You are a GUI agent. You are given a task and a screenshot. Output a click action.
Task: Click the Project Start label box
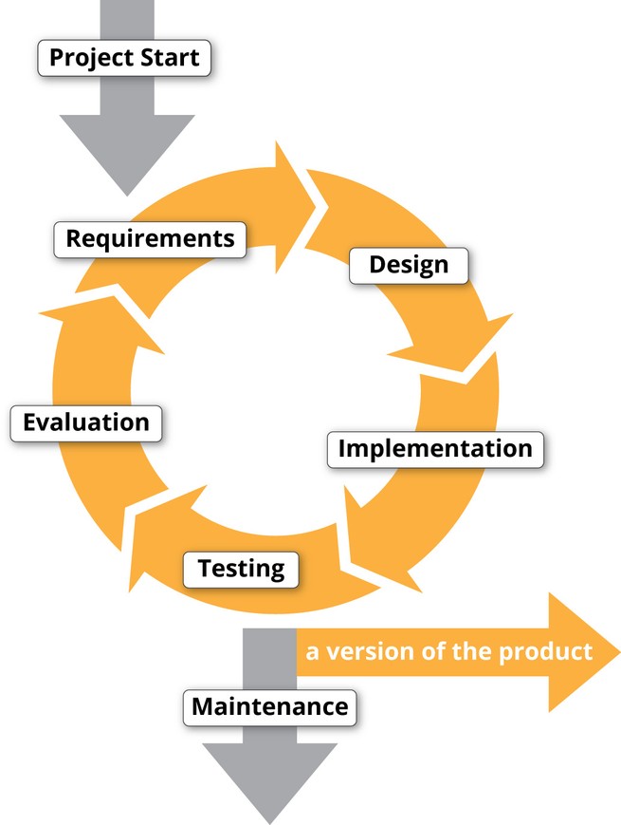click(x=124, y=58)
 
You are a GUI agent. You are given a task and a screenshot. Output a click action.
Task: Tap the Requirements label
click(x=150, y=239)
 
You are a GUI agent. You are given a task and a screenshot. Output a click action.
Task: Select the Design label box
click(x=409, y=266)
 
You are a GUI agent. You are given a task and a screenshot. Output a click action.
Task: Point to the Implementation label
click(x=435, y=449)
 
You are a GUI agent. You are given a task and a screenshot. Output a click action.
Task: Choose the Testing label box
click(x=241, y=570)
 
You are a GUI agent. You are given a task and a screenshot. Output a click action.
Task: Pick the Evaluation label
click(x=86, y=423)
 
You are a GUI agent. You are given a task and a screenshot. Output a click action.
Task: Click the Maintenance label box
click(x=269, y=707)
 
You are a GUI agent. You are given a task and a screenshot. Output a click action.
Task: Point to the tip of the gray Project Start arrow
click(x=127, y=197)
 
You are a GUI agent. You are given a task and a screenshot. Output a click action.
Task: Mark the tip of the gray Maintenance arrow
click(x=270, y=823)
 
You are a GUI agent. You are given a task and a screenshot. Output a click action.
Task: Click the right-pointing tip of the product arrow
click(x=620, y=652)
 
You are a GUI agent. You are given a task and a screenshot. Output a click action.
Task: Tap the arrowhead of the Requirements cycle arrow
click(x=315, y=207)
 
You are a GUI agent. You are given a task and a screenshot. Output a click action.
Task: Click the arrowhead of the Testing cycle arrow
click(x=130, y=591)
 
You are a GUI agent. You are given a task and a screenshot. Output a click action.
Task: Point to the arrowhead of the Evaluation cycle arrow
click(x=41, y=314)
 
